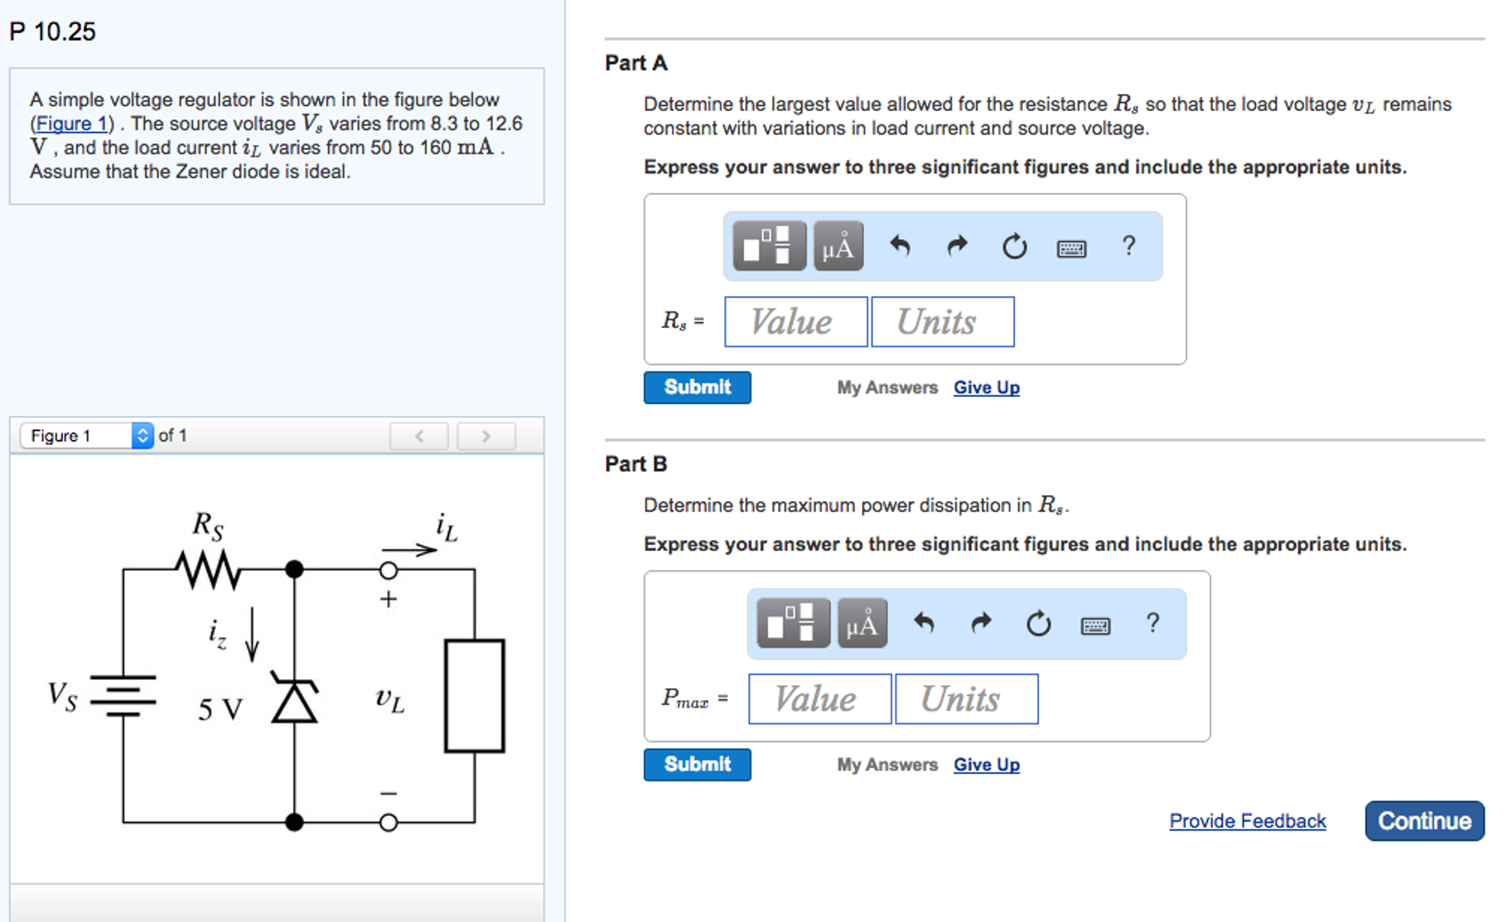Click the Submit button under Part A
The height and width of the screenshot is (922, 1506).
pos(696,387)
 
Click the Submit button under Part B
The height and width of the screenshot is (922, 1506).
pos(696,764)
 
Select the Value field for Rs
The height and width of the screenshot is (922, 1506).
pos(795,322)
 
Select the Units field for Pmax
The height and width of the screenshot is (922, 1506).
pos(966,698)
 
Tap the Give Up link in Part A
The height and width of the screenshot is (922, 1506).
pos(986,388)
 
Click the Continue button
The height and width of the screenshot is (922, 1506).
pos(1424,820)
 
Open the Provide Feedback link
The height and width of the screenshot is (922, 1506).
pos(1247,820)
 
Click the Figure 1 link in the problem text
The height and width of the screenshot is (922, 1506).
pos(71,124)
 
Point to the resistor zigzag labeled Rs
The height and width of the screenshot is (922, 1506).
pos(208,570)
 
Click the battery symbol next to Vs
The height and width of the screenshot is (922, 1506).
pos(123,695)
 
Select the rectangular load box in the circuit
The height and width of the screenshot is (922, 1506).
pos(474,695)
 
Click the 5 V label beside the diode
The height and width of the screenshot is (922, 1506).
pos(219,709)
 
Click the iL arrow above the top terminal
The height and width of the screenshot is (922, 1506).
pos(409,549)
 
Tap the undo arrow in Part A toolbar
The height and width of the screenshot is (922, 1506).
pos(899,246)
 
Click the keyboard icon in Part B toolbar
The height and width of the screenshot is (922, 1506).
pos(1095,625)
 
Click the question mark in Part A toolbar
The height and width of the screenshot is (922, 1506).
pos(1128,246)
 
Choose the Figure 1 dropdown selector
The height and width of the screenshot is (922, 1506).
pos(87,436)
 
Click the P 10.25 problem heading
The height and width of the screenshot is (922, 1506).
pos(52,32)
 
